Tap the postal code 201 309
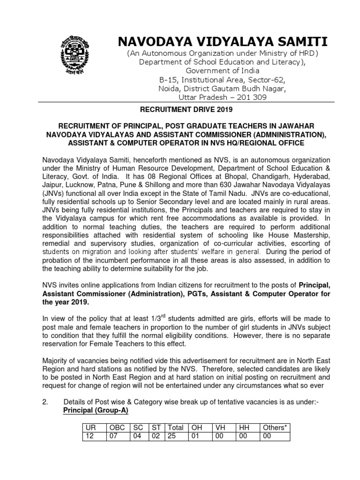tap(244, 97)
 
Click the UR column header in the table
tap(89, 427)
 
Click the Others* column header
tap(274, 427)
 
